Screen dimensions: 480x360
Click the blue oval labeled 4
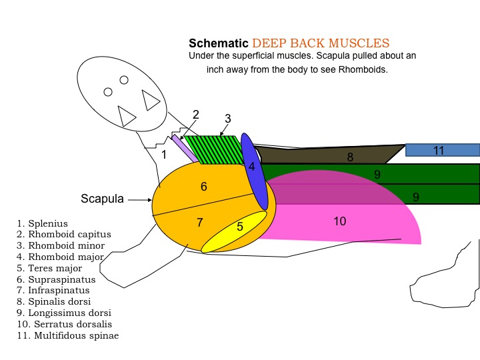click(x=254, y=171)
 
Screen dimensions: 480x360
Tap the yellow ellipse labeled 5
click(x=234, y=232)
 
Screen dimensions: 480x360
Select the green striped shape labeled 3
click(x=214, y=150)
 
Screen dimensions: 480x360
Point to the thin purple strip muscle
click(x=185, y=149)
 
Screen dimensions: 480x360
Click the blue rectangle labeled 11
click(x=443, y=150)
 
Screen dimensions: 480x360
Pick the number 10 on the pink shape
click(x=340, y=221)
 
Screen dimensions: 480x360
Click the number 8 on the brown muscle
click(x=350, y=157)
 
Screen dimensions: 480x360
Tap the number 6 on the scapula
click(x=204, y=187)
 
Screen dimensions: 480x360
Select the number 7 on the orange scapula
click(x=199, y=222)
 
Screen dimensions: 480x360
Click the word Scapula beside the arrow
click(x=102, y=199)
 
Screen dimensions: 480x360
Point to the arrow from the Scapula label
click(x=140, y=200)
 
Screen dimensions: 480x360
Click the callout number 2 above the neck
click(x=196, y=115)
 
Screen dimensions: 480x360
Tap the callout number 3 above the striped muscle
click(x=227, y=119)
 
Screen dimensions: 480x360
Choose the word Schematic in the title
click(x=218, y=43)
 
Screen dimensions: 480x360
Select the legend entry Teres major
click(x=49, y=268)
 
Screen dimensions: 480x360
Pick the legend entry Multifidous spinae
click(x=68, y=335)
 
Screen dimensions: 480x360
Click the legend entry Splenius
click(x=43, y=223)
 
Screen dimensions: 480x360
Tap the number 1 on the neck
click(x=164, y=155)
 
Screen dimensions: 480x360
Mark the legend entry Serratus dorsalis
click(x=65, y=324)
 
